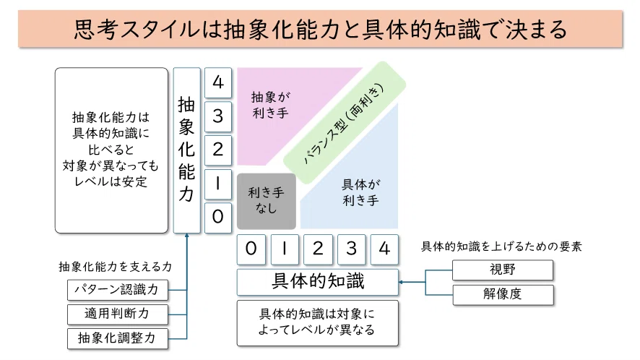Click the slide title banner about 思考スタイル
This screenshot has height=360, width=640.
tap(320, 29)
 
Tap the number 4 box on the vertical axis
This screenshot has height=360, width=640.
tap(218, 82)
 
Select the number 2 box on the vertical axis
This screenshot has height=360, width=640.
tap(218, 150)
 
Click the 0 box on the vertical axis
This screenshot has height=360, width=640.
tap(218, 217)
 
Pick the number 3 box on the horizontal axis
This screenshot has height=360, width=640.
tap(351, 249)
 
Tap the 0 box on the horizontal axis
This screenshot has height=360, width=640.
tap(251, 249)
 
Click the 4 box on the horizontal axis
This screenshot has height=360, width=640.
tap(384, 249)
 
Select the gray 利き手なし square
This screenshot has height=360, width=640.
tap(267, 201)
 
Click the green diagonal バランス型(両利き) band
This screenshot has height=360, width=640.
tap(344, 123)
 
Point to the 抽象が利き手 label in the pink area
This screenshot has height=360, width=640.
tap(271, 105)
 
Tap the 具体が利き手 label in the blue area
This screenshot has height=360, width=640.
tap(361, 192)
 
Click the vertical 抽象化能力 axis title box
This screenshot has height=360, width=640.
tap(187, 150)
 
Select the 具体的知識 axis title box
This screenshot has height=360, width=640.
tap(318, 281)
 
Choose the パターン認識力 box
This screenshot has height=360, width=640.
tap(118, 290)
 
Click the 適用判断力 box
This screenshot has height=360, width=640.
tap(118, 314)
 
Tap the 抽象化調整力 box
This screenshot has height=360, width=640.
tap(118, 338)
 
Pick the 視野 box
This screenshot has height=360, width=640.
tap(503, 270)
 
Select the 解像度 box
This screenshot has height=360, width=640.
tap(503, 294)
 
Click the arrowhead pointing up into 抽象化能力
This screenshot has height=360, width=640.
tap(187, 236)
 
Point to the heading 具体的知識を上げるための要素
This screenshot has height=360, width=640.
tap(501, 247)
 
